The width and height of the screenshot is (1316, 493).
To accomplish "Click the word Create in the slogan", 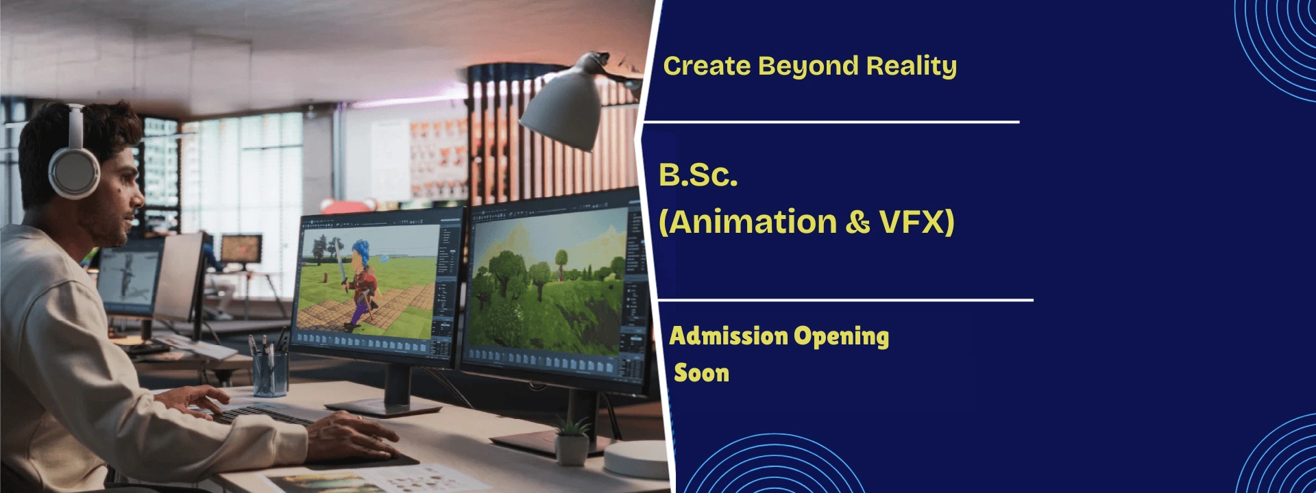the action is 707,66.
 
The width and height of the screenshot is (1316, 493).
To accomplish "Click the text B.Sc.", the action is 698,175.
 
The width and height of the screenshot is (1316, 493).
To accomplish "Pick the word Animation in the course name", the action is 753,223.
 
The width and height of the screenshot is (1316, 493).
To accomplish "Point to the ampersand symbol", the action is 857,223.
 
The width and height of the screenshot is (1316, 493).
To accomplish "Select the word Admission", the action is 729,336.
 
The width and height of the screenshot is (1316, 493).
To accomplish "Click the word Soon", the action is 701,373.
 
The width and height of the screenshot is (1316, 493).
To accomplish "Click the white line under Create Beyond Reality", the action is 831,122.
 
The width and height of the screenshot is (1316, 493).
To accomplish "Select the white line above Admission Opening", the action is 845,300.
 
